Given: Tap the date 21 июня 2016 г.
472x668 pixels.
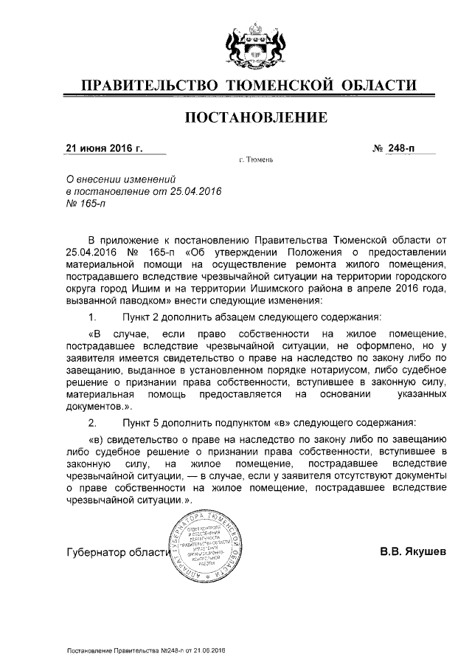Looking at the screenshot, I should click(105, 148).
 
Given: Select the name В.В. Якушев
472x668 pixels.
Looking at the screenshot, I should click(413, 551).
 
